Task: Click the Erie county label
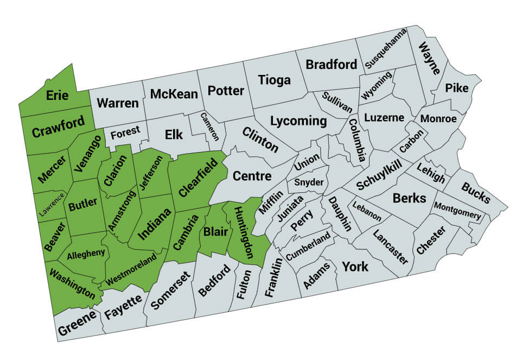tap(57, 96)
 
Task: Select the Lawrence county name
tap(52, 205)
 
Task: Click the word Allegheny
tap(86, 253)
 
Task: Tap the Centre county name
tap(252, 176)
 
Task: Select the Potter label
tap(226, 90)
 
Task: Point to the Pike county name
tap(457, 88)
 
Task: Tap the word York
tap(355, 267)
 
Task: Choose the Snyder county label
tap(309, 182)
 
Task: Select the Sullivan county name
tap(336, 102)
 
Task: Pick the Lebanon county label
tap(367, 211)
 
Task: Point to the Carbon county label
tap(411, 140)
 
